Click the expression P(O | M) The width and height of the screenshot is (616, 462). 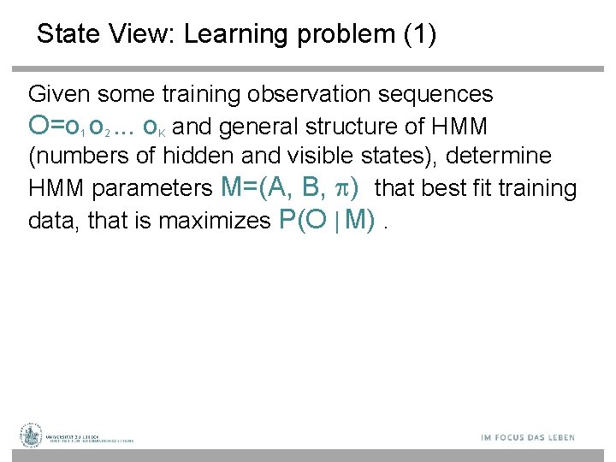coord(329,220)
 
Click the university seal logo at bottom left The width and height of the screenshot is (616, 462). coord(32,435)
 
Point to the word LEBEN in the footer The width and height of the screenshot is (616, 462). coord(556,438)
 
